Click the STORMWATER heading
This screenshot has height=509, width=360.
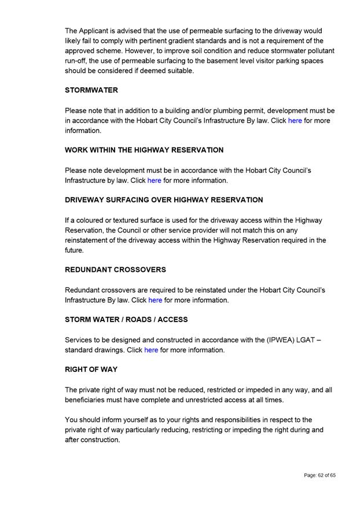(x=91, y=90)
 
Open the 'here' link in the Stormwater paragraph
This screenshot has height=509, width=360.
(x=295, y=121)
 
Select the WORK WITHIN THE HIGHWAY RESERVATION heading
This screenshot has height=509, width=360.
(x=144, y=150)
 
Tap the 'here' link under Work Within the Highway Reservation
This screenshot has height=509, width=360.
(x=154, y=180)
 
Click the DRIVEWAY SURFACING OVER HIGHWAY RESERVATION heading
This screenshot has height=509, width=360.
(x=164, y=200)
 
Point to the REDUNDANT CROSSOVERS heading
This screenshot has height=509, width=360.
(x=115, y=270)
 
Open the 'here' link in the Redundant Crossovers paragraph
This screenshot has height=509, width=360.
(x=155, y=300)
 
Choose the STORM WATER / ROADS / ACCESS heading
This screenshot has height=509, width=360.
(x=126, y=319)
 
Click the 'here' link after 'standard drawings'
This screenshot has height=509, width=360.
(x=151, y=350)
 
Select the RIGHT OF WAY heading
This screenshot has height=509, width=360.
(x=91, y=369)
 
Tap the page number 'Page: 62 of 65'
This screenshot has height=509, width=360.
(x=319, y=475)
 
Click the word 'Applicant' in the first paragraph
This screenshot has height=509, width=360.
(x=97, y=31)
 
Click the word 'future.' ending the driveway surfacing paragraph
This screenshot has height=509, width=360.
(x=75, y=250)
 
